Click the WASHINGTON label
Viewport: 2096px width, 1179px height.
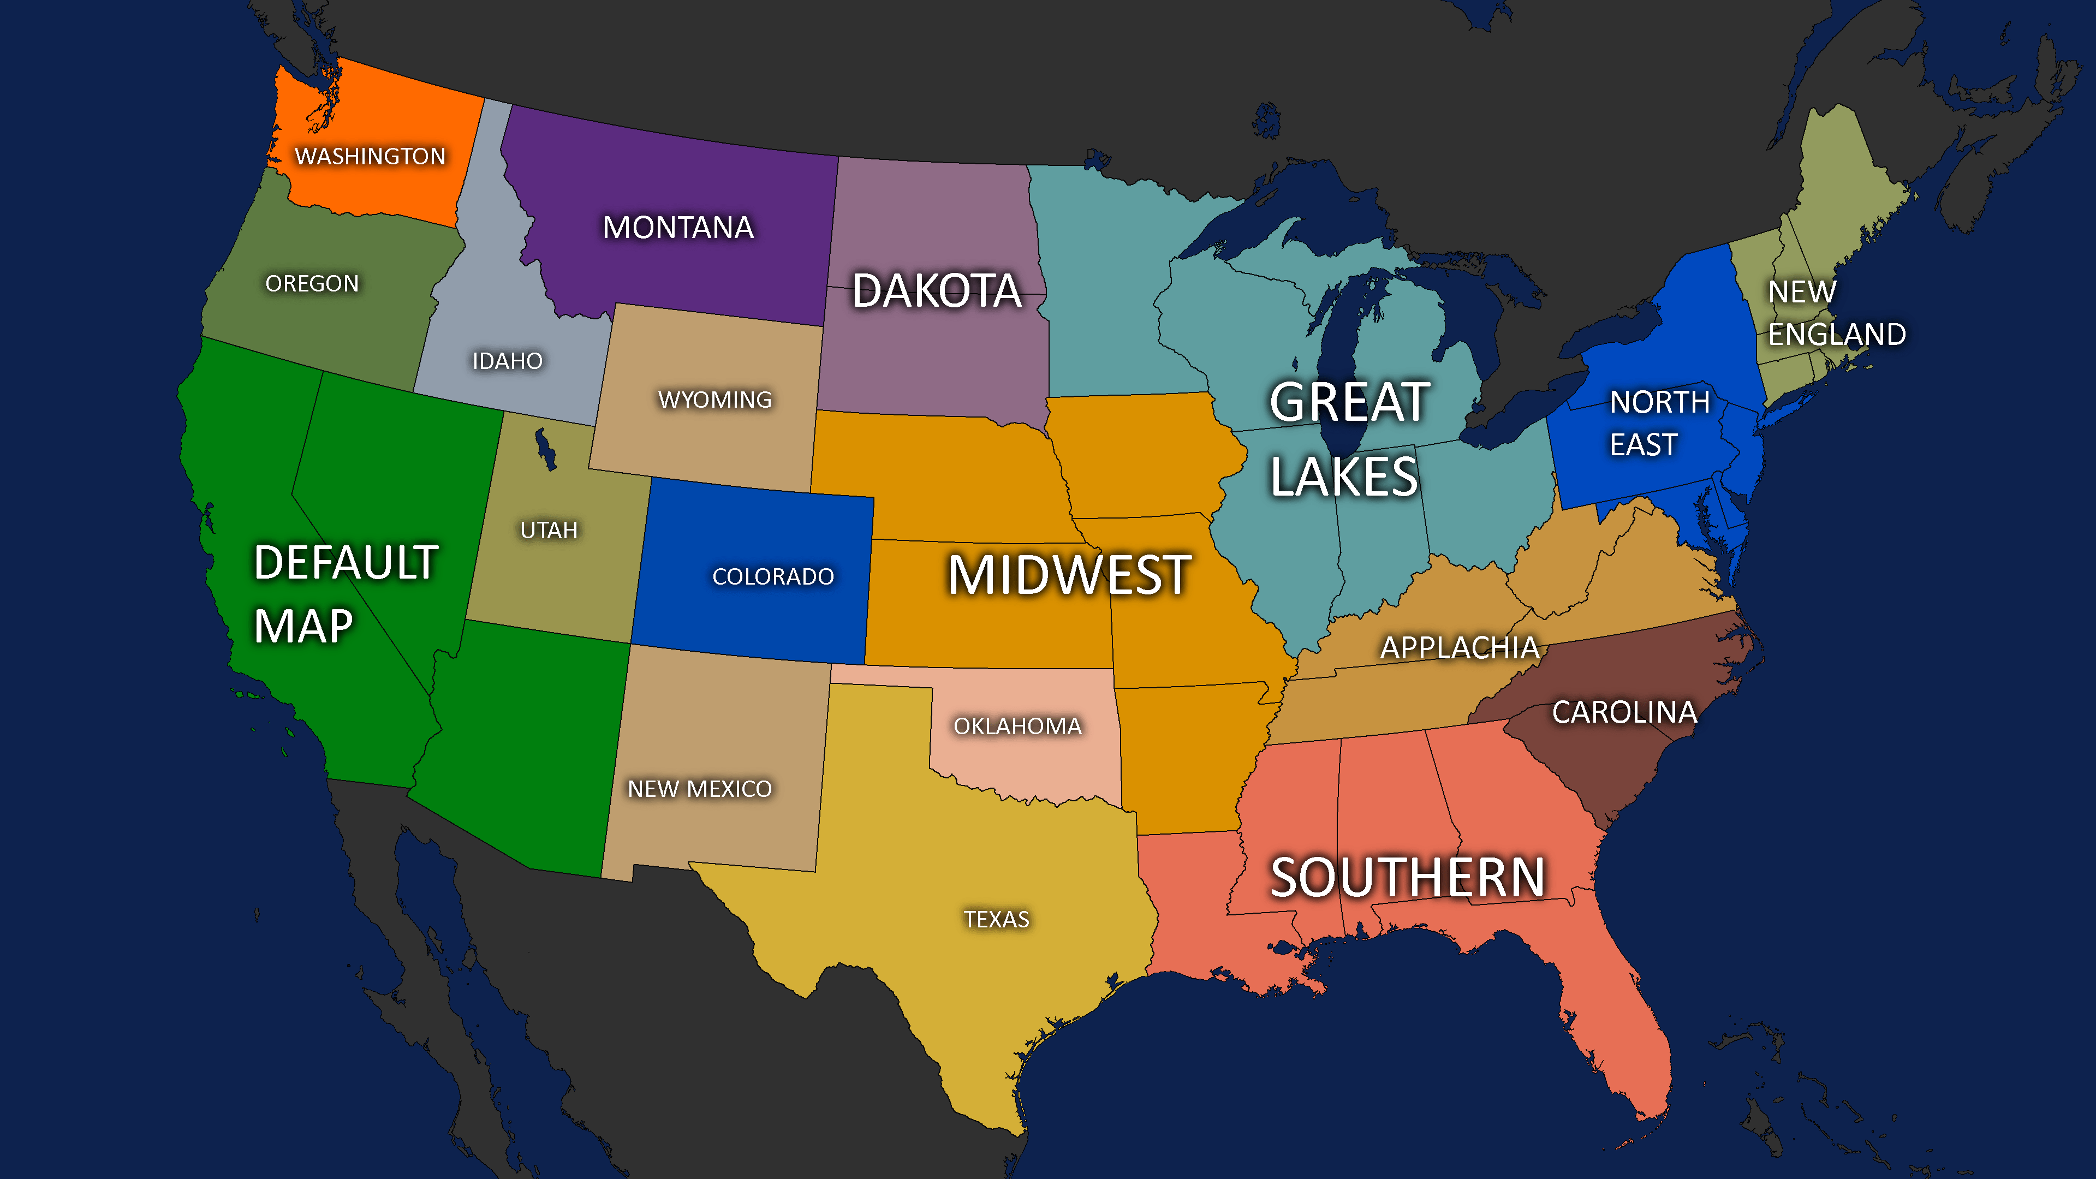(370, 156)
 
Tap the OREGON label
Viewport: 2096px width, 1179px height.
(312, 283)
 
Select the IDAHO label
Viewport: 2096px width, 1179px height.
(507, 360)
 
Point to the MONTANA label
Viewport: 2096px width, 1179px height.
(678, 228)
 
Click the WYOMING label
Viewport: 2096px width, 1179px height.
(714, 400)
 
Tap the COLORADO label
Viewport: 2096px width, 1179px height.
(773, 576)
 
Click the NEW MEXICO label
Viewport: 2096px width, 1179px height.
(699, 788)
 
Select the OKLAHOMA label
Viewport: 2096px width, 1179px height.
(1017, 726)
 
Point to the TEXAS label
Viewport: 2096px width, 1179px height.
(996, 919)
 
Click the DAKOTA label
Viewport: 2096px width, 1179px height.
(937, 291)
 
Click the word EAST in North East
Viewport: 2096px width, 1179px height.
(1643, 445)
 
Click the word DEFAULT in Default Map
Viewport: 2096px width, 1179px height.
(346, 562)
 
